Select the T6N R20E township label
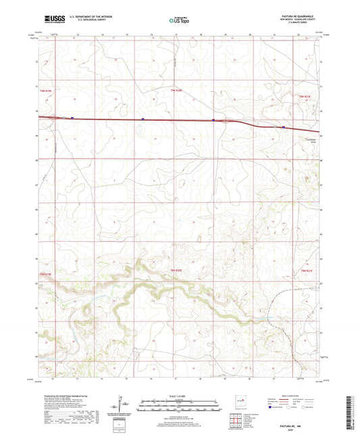(x=177, y=90)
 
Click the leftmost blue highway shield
(x=143, y=120)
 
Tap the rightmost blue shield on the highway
(x=283, y=126)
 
